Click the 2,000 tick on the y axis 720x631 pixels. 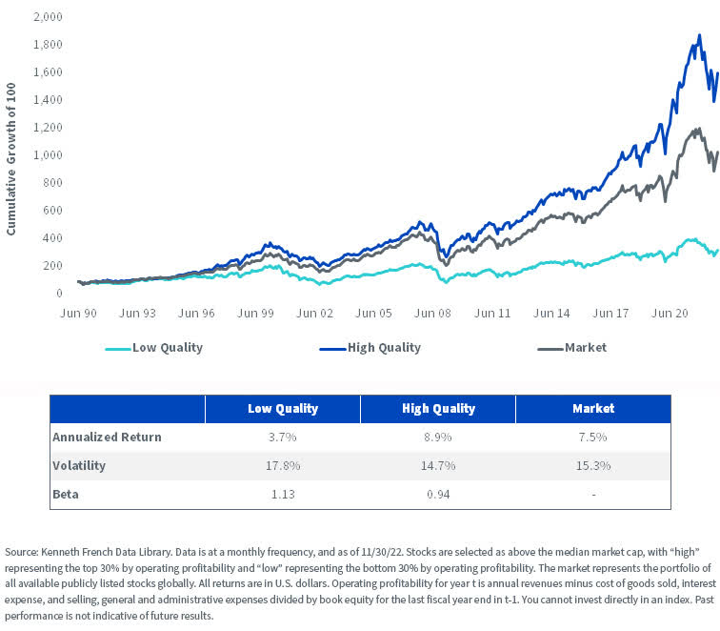pos(46,17)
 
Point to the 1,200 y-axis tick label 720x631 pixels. pos(46,128)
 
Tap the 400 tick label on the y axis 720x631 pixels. pos(52,238)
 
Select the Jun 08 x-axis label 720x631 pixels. pos(432,312)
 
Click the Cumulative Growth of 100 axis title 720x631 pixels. pos(11,154)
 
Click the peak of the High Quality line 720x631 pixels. pos(700,36)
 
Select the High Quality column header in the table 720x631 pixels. pos(437,409)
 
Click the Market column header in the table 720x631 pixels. pos(592,409)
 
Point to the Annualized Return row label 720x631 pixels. pos(109,437)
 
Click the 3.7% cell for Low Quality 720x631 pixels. pos(282,437)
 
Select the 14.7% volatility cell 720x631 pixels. pos(437,466)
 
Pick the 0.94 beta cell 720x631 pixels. pos(437,495)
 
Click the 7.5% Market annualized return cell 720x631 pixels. pos(592,437)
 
